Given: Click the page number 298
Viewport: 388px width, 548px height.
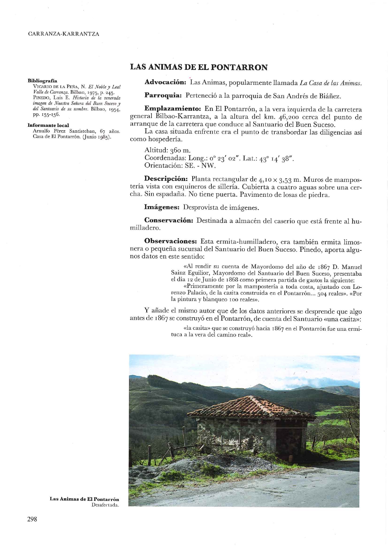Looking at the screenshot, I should pyautogui.click(x=32, y=519).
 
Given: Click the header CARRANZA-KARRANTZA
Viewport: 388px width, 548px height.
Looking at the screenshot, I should pyautogui.click(x=63, y=34).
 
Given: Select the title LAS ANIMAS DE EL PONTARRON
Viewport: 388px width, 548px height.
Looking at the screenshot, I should pyautogui.click(x=199, y=67).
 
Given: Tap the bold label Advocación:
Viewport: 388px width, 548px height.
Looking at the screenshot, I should pyautogui.click(x=165, y=82).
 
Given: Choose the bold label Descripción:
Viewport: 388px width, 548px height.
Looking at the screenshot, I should pyautogui.click(x=166, y=179).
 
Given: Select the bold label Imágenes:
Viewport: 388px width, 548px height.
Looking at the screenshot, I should pyautogui.click(x=162, y=207).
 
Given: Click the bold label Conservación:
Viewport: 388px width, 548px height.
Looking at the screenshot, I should pyautogui.click(x=169, y=221).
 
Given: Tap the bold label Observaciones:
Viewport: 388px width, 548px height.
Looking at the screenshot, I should pyautogui.click(x=170, y=241).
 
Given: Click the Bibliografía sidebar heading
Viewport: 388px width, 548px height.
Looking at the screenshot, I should pyautogui.click(x=43, y=81).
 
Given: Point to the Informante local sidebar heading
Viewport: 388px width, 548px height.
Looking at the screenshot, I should pyautogui.click(x=48, y=125).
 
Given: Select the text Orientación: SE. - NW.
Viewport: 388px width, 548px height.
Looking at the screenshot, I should pyautogui.click(x=180, y=165).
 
